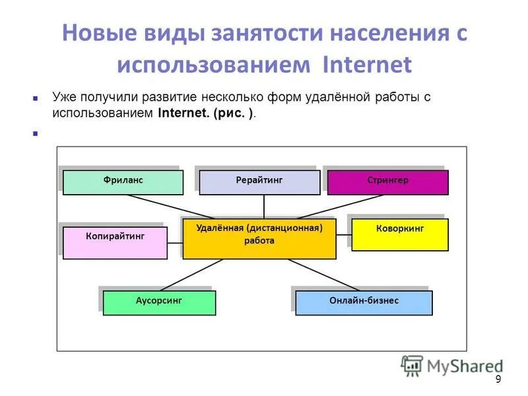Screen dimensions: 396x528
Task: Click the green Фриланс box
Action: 123,182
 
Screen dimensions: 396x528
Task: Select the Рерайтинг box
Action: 259,182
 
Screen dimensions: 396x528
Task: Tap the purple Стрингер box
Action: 387,182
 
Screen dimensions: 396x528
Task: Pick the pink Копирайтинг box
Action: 115,242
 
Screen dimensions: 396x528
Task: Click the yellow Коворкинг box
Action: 399,235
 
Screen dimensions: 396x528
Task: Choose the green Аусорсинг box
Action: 159,302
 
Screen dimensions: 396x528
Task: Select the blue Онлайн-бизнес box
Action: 364,302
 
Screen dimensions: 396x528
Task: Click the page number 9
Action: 498,379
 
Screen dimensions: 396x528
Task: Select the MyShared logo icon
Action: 412,366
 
